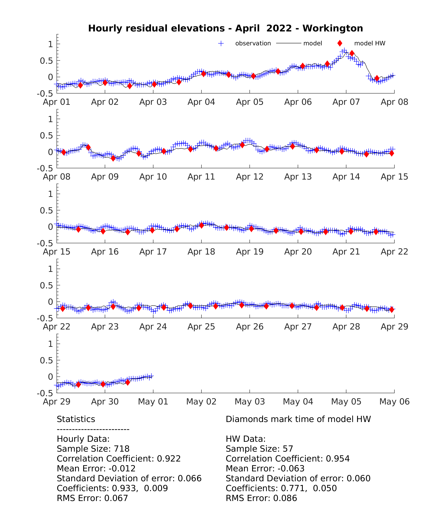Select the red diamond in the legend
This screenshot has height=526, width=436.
click(x=340, y=43)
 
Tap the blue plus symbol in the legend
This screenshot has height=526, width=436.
click(x=221, y=43)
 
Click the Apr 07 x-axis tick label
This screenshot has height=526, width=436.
click(x=346, y=102)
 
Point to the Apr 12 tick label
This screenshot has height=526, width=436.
click(x=250, y=177)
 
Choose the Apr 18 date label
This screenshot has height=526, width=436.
click(x=201, y=252)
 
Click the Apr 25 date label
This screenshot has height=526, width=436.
click(x=201, y=327)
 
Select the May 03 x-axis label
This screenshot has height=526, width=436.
click(x=250, y=401)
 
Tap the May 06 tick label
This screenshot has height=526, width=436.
click(x=394, y=401)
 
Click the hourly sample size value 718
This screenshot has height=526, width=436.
click(x=122, y=449)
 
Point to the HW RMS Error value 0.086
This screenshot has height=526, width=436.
click(x=285, y=498)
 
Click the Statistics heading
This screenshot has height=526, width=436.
click(x=76, y=419)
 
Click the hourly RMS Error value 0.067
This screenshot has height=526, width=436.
click(x=116, y=498)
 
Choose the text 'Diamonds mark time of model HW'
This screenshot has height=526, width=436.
click(x=298, y=419)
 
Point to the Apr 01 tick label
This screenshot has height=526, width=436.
click(x=57, y=102)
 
